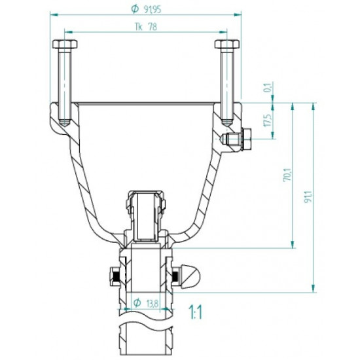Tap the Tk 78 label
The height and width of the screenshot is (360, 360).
tap(147, 27)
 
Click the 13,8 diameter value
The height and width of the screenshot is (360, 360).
tap(151, 304)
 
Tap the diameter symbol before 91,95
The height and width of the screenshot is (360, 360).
tap(134, 10)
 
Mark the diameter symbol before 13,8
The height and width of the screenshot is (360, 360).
tap(137, 304)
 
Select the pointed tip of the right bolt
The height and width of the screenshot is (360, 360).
tap(226, 123)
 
